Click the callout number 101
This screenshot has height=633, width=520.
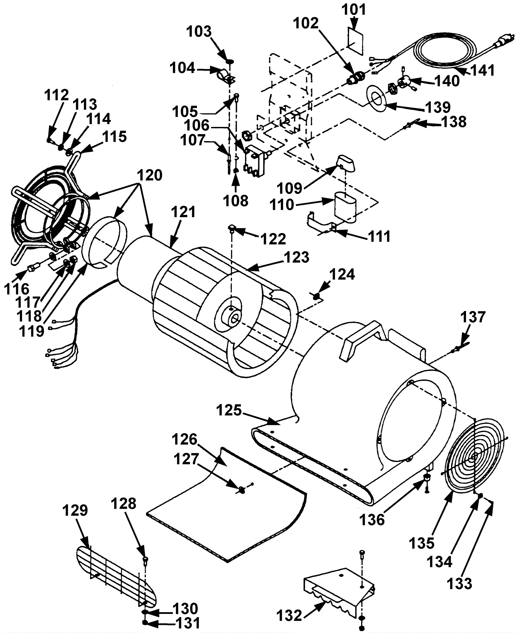tap(354, 9)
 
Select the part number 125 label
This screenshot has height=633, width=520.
tap(229, 410)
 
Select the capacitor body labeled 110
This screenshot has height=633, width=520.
tap(345, 208)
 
